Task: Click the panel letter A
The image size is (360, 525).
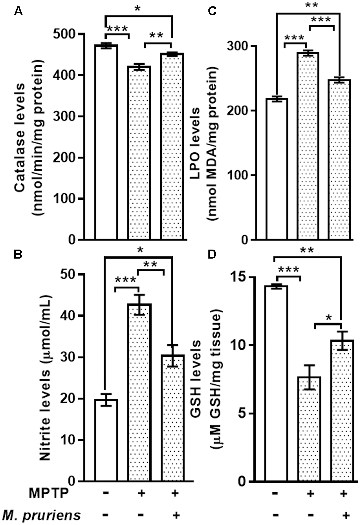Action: click(x=18, y=12)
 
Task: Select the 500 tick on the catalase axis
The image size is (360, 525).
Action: click(x=65, y=34)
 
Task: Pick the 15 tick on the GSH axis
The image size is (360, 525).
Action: click(x=239, y=277)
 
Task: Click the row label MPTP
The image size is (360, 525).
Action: click(x=48, y=493)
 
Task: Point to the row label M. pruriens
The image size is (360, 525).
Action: click(x=41, y=515)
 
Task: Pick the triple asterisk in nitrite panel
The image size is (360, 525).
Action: click(x=126, y=280)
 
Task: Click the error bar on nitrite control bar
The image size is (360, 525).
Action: click(x=106, y=399)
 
